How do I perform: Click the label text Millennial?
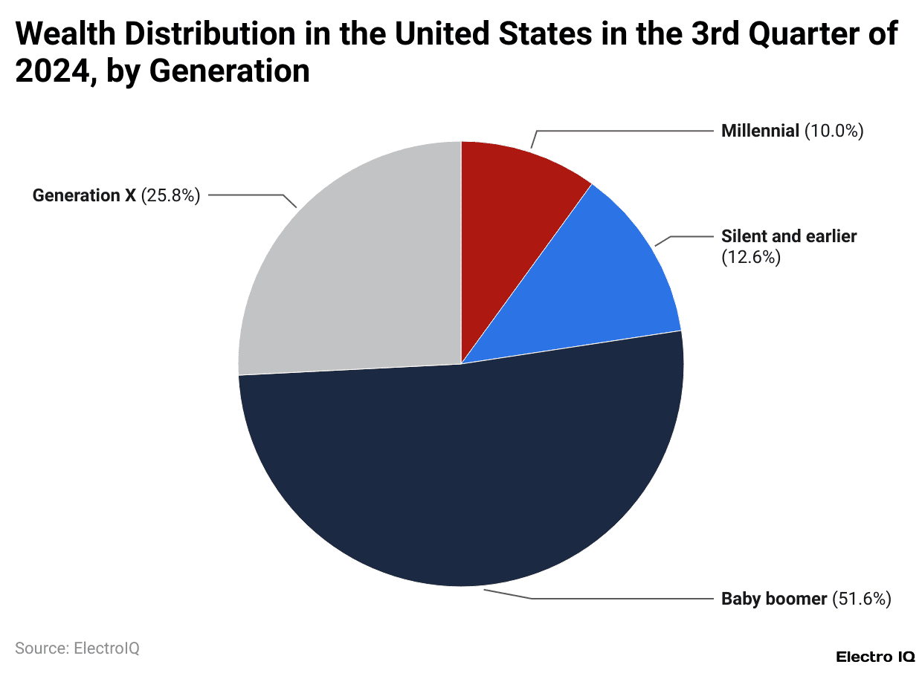click(761, 131)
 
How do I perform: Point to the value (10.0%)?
click(834, 131)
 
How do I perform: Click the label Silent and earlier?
click(789, 236)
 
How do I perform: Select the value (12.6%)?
click(751, 258)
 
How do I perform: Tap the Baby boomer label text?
click(774, 599)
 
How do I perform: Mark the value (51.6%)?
click(861, 599)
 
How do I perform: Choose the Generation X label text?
click(84, 196)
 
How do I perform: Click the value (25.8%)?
click(170, 196)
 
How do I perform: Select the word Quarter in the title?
click(790, 35)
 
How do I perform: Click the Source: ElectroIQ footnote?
click(77, 648)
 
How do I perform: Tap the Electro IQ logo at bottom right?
click(875, 657)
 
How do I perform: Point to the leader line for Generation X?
click(245, 196)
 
